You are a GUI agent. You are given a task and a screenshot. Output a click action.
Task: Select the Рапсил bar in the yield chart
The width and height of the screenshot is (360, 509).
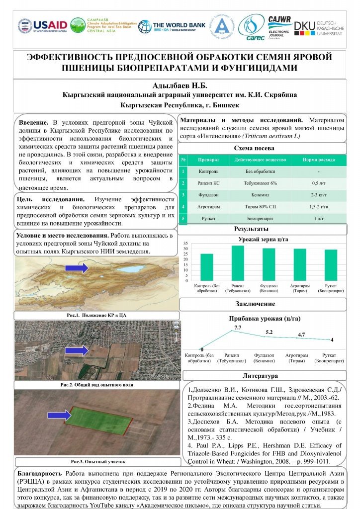[x=238, y=263]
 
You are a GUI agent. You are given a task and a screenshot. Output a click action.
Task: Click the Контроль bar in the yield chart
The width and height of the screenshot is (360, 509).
[x=207, y=267]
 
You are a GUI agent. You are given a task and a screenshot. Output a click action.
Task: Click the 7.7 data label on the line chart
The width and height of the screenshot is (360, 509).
[x=237, y=328]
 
